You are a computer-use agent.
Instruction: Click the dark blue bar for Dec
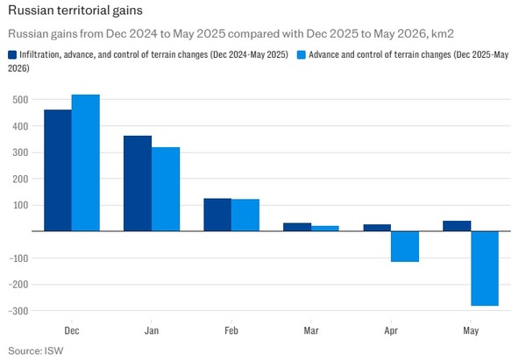[x=58, y=170]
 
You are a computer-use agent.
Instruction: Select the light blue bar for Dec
[x=86, y=163]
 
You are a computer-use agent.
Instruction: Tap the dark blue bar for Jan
[x=138, y=183]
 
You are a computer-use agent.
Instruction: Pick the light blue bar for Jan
[x=166, y=189]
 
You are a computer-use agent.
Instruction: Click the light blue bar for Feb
[x=245, y=215]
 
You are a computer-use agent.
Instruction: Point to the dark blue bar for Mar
[x=297, y=227]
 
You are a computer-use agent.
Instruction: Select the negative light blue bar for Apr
[x=405, y=246]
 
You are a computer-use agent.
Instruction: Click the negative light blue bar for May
[x=485, y=269]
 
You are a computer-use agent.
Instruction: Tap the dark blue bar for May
[x=457, y=226]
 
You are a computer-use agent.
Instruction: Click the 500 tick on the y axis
[x=21, y=100]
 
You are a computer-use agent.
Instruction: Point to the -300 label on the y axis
[x=18, y=311]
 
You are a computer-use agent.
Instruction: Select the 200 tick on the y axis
[x=21, y=179]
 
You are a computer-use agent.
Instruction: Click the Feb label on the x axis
[x=231, y=331]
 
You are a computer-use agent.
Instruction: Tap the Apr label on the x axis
[x=391, y=331]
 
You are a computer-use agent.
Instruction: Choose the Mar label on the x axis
[x=311, y=331]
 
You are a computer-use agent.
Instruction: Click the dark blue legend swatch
[x=12, y=55]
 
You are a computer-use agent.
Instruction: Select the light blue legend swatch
[x=302, y=55]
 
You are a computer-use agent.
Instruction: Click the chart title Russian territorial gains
[x=75, y=11]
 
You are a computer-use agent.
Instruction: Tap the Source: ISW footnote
[x=36, y=351]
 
